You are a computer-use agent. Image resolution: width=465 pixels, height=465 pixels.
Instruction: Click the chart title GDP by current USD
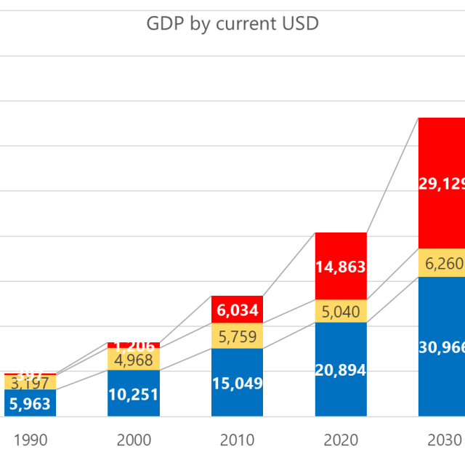(x=232, y=24)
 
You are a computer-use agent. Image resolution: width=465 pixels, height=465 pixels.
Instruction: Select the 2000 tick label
(x=134, y=440)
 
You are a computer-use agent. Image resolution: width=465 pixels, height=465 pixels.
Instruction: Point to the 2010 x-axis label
(x=238, y=440)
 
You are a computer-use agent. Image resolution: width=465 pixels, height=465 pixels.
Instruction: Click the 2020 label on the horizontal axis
(x=341, y=440)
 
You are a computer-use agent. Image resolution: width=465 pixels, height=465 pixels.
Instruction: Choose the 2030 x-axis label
(x=443, y=440)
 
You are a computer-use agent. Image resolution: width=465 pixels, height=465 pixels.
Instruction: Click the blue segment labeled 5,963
(x=30, y=403)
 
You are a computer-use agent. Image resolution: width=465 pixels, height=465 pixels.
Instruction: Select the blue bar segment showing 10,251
(x=134, y=394)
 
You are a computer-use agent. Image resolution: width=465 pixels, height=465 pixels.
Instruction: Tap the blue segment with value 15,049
(x=238, y=383)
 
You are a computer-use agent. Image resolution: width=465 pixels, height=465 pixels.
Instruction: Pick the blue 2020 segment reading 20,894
(x=341, y=370)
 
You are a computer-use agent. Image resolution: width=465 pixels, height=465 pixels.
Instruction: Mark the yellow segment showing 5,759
(x=238, y=336)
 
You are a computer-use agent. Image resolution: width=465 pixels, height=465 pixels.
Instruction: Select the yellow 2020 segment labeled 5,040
(x=341, y=311)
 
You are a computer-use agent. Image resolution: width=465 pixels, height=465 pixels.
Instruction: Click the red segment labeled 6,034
(x=238, y=310)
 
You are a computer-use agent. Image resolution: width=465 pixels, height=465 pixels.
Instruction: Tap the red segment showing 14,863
(x=341, y=266)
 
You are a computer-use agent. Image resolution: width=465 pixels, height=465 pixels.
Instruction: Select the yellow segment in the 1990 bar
(x=30, y=382)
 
